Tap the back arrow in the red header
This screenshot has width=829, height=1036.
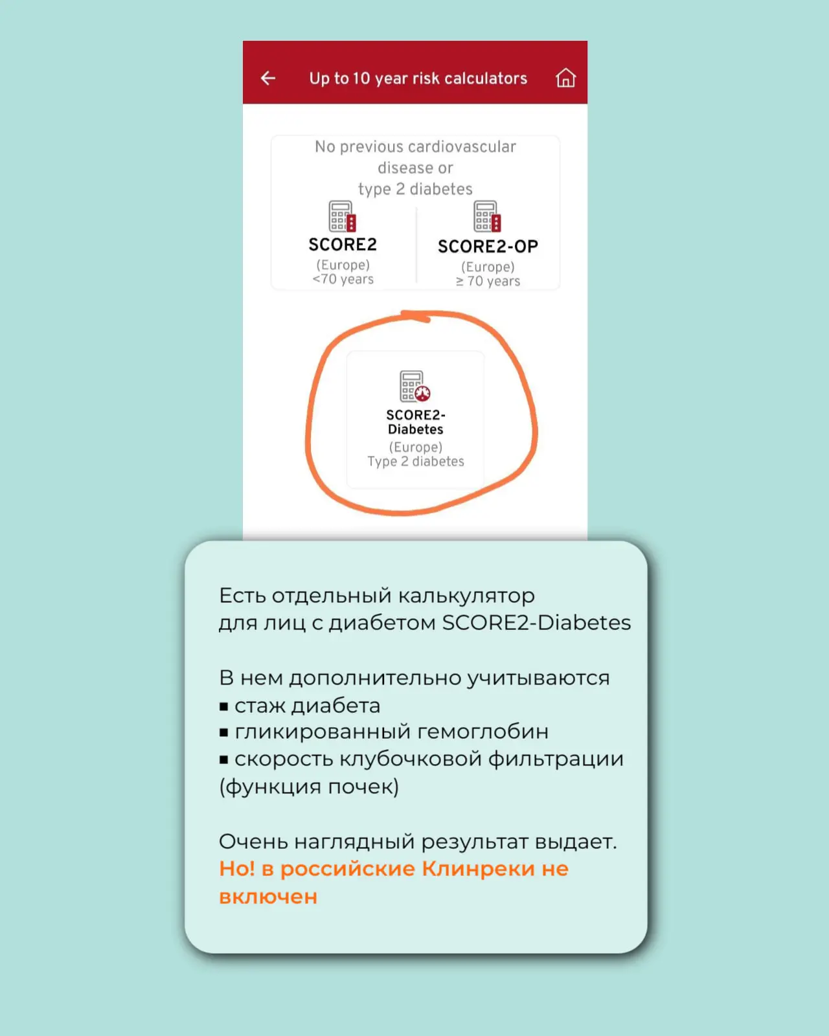point(268,78)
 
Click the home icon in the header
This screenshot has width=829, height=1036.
point(565,78)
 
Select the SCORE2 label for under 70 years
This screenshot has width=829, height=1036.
point(343,245)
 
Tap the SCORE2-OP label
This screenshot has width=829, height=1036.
point(488,247)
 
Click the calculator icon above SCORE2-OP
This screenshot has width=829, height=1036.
point(487,216)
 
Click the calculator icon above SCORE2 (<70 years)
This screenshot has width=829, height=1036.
point(342,216)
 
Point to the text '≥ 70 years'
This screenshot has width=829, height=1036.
point(488,281)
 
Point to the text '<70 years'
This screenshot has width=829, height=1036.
point(343,279)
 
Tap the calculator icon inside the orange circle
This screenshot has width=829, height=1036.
point(414,386)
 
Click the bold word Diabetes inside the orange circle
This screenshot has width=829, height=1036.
point(415,429)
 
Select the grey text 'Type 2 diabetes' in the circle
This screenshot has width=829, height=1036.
point(416,461)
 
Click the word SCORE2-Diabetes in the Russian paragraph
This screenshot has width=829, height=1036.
point(537,622)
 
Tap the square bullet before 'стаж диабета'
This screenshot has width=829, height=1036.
point(223,706)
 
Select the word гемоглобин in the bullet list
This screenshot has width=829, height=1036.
point(483,732)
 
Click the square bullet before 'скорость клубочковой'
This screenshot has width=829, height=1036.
point(223,760)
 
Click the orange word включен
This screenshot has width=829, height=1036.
point(268,897)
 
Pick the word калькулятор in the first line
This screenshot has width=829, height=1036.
point(466,596)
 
